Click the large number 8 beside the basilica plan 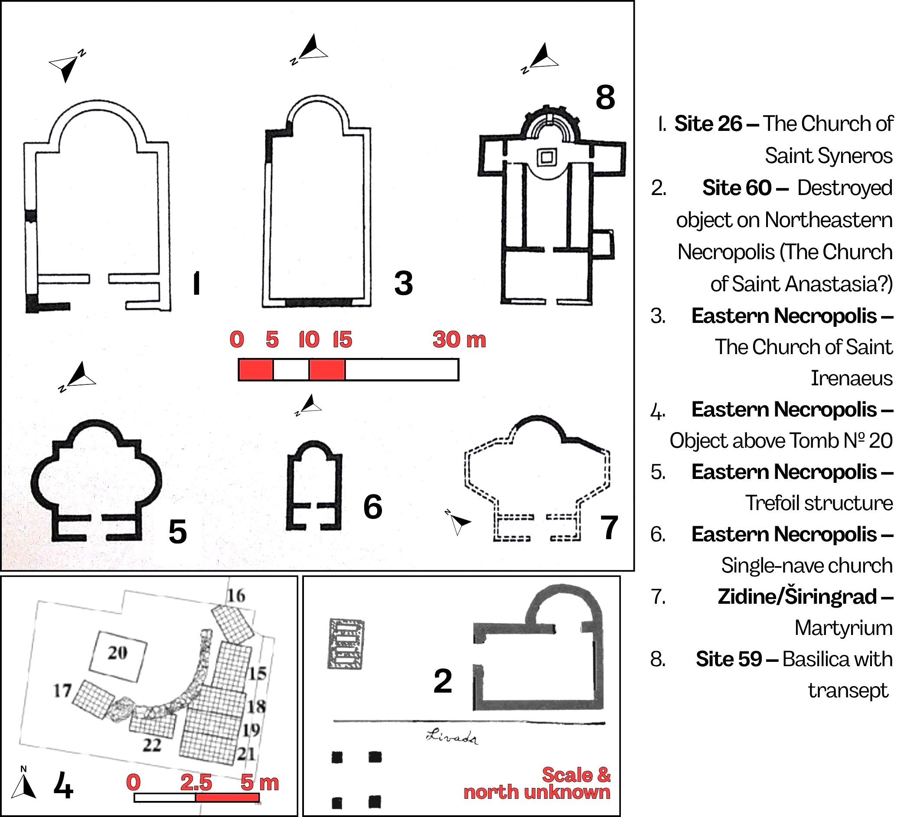[605, 97]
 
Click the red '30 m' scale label [459, 339]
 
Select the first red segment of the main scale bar [256, 370]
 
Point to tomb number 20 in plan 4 [117, 657]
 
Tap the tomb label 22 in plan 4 [152, 745]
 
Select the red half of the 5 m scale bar [227, 798]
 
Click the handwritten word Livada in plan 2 [451, 737]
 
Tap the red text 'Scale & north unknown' [537, 783]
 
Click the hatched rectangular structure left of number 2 [346, 644]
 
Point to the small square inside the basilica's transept [547, 157]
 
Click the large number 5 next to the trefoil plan [178, 532]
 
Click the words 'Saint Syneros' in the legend [828, 156]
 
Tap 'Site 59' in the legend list [729, 659]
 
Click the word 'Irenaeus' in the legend [851, 378]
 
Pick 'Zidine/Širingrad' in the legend [797, 596]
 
